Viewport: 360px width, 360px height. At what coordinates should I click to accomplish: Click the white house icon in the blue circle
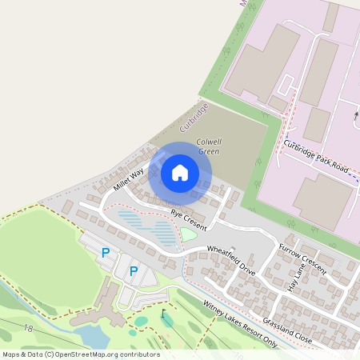click(180, 173)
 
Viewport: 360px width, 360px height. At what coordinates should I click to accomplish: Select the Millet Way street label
click(128, 178)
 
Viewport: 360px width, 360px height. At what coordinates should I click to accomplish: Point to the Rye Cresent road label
click(188, 214)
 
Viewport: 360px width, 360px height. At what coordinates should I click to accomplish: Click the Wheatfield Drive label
click(231, 256)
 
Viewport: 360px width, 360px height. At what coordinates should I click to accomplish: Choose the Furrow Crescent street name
click(302, 261)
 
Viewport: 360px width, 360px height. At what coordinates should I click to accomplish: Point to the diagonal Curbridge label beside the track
click(194, 117)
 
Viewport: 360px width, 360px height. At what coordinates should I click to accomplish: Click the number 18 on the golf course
click(29, 329)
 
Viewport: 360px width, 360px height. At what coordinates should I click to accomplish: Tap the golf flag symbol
click(163, 313)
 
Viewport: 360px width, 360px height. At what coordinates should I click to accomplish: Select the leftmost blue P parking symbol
click(106, 253)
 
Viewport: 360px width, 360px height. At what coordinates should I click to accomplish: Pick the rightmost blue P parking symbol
click(134, 271)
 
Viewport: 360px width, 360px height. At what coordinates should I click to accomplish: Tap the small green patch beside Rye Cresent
click(189, 234)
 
